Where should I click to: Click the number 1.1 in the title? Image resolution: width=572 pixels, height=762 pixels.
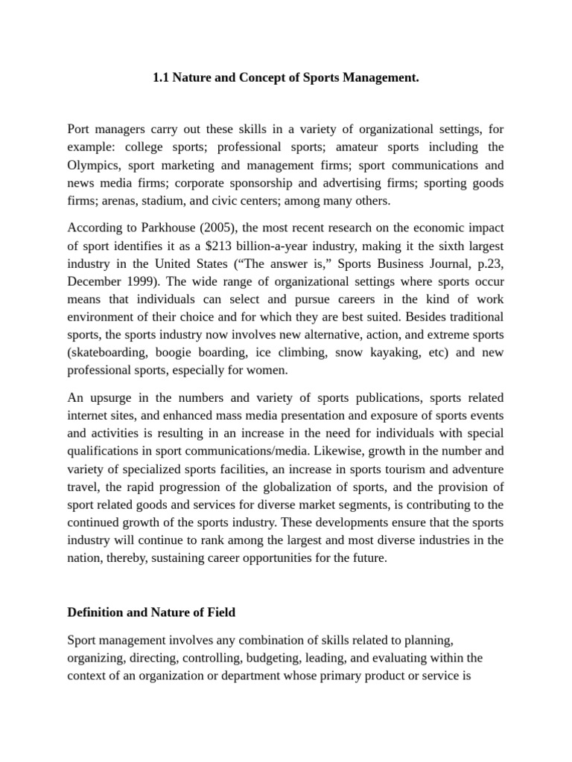[x=162, y=77]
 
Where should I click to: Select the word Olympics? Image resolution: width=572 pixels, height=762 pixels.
[x=92, y=165]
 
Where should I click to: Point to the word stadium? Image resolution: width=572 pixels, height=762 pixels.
[x=200, y=202]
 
